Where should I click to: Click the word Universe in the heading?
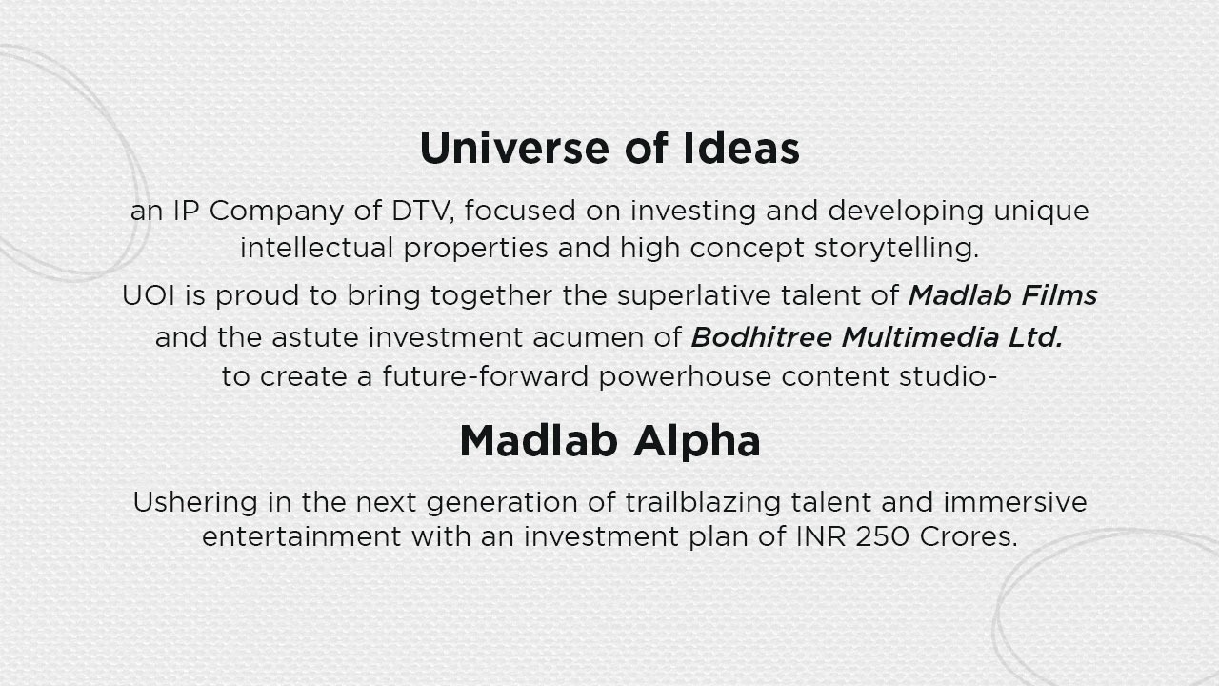pos(514,148)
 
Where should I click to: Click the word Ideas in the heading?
pos(741,148)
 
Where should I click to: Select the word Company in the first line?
pos(276,212)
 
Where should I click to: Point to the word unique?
pos(1041,212)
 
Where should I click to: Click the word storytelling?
pos(896,249)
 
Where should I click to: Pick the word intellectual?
pos(316,248)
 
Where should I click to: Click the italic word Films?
pos(1059,295)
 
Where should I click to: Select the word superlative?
pos(694,296)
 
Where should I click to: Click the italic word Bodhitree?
pos(761,337)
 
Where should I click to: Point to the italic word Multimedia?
pos(920,337)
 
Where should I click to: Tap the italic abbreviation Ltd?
pos(1035,337)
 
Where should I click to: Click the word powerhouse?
pos(685,377)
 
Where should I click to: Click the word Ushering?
pos(195,502)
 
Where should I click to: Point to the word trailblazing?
pos(703,502)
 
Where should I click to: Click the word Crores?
pos(969,536)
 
